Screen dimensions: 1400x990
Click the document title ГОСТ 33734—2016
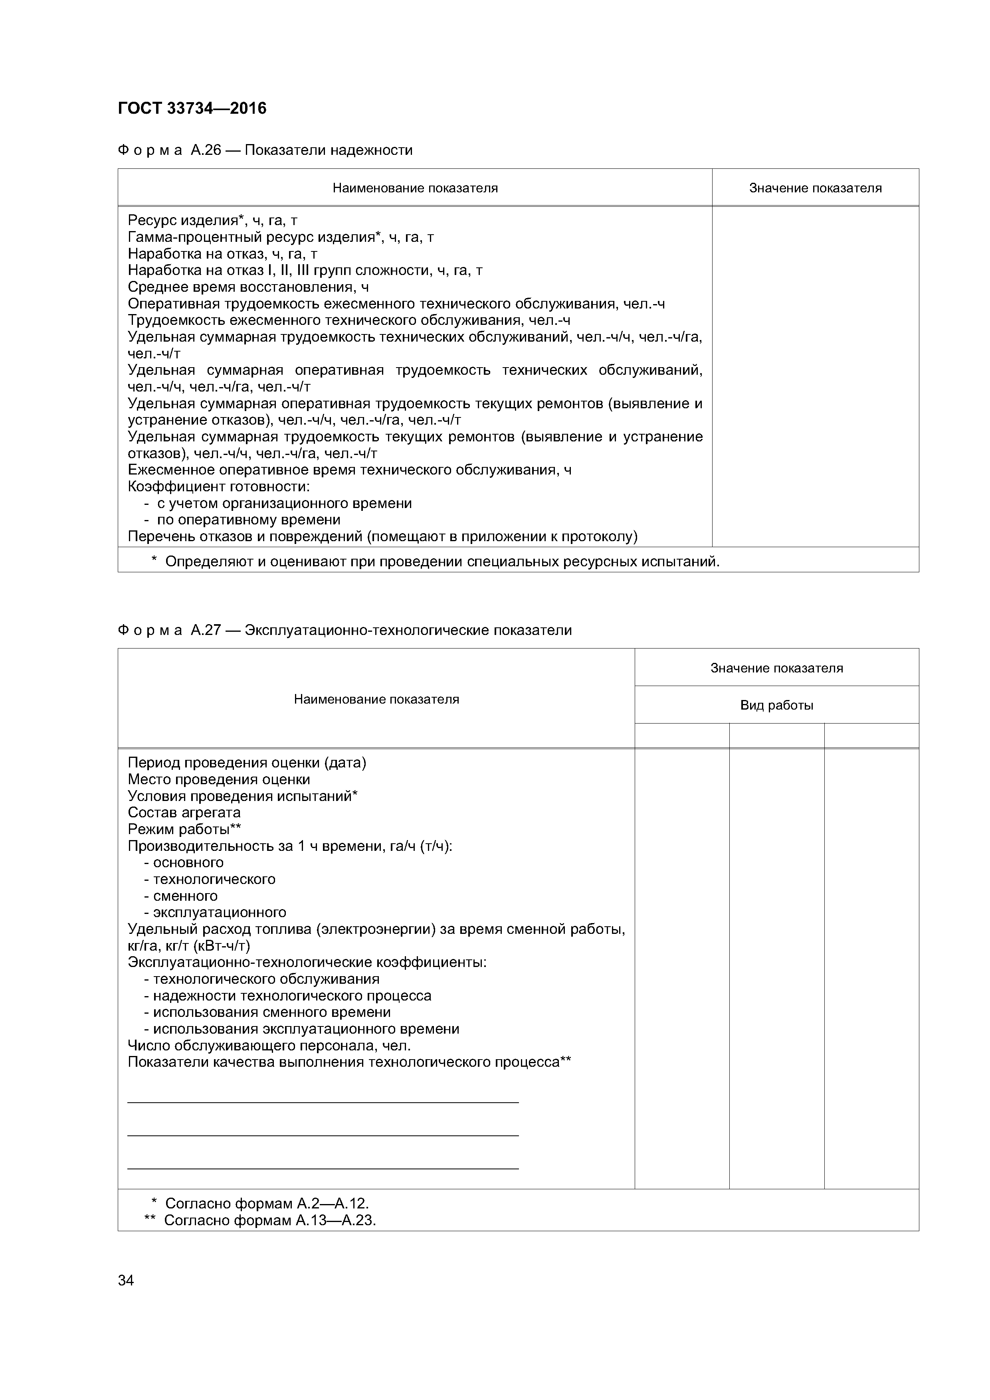(192, 109)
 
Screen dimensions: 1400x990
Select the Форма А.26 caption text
(265, 150)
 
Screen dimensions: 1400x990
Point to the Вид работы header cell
(776, 706)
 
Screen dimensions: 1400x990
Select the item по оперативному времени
(249, 520)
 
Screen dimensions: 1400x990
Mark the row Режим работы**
(184, 829)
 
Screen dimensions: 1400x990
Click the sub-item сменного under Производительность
(185, 896)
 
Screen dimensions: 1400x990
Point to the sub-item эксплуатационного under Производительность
(219, 912)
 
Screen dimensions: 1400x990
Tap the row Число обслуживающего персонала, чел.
(269, 1046)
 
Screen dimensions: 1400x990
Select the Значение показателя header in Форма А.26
(815, 188)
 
